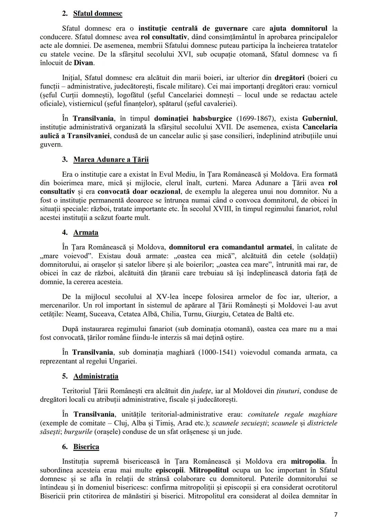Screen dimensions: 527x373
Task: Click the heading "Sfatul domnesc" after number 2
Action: [x=98, y=13]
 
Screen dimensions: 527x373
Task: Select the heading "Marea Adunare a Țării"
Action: [x=111, y=159]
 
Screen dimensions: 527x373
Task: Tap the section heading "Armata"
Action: [x=86, y=233]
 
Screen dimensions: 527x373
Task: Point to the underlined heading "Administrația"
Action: [x=96, y=376]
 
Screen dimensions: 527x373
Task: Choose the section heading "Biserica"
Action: [x=86, y=447]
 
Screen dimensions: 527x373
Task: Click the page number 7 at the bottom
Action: [x=336, y=515]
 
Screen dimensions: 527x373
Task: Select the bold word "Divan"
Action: [x=84, y=63]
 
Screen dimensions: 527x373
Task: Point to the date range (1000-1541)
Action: [x=217, y=353]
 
